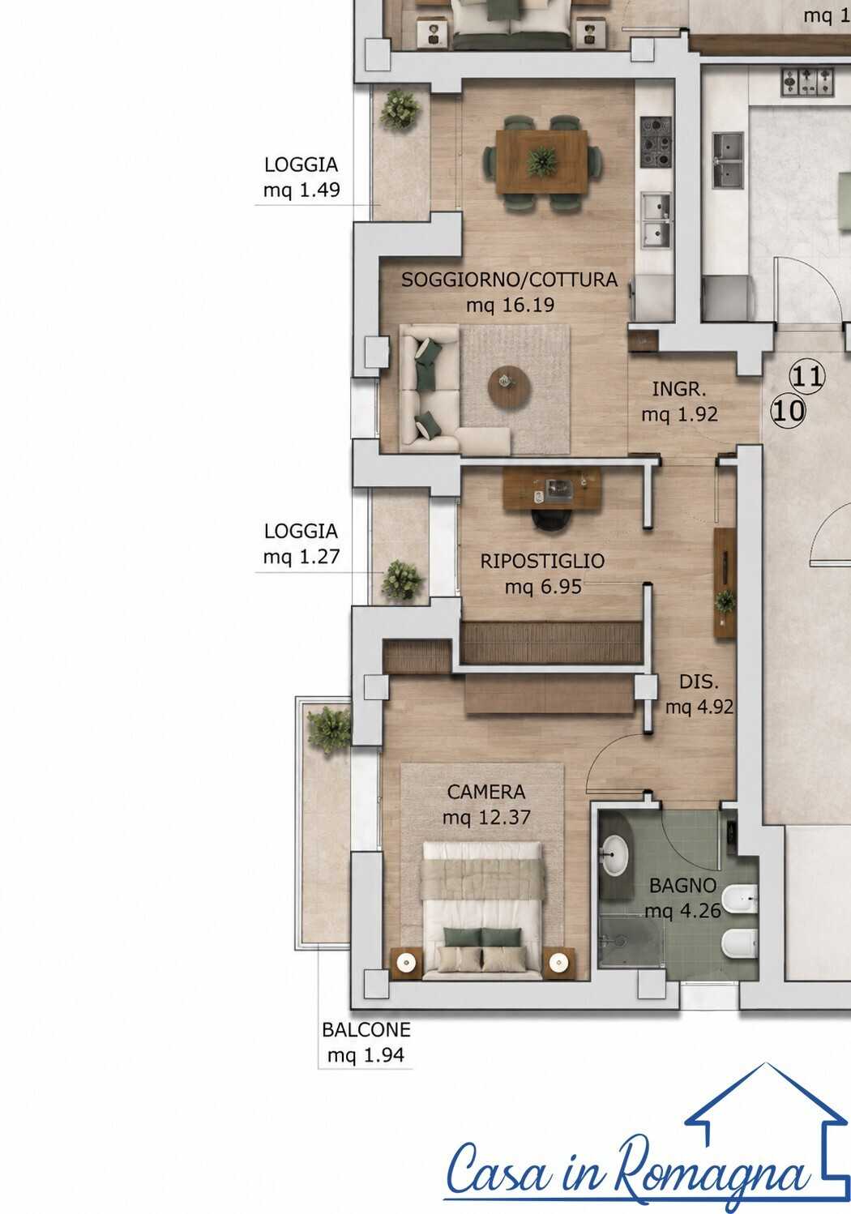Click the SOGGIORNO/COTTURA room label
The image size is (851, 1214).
click(x=509, y=280)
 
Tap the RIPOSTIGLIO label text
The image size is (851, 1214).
click(x=542, y=561)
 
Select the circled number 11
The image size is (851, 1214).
click(x=807, y=376)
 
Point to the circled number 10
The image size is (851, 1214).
click(x=788, y=411)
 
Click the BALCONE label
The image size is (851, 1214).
click(x=366, y=1030)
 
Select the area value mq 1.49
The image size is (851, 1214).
click(x=301, y=190)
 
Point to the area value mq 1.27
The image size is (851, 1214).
click(x=301, y=557)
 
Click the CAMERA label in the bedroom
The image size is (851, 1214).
click(x=486, y=792)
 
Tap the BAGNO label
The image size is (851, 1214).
click(x=683, y=886)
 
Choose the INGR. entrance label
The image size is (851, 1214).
click(x=679, y=389)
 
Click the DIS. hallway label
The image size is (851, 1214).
click(x=699, y=682)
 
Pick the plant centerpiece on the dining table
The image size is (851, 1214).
click(x=542, y=161)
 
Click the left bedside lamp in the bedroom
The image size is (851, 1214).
click(x=406, y=963)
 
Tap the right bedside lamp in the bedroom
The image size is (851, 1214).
click(x=558, y=963)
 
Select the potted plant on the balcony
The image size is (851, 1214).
click(x=329, y=729)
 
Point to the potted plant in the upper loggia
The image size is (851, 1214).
click(x=400, y=109)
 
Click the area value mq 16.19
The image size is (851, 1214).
click(x=510, y=306)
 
